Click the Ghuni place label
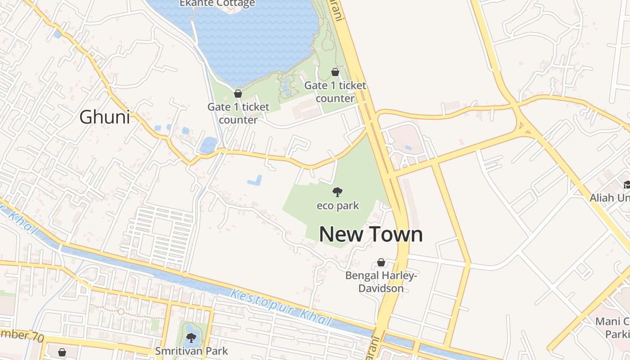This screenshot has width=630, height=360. [x=104, y=117]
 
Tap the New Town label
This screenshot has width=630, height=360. [x=371, y=234]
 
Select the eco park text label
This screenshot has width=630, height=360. [x=337, y=206]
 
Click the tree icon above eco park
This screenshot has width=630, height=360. [x=337, y=193]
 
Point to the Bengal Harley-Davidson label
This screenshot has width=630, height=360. [x=381, y=282]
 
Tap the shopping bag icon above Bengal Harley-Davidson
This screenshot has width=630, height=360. [x=381, y=262]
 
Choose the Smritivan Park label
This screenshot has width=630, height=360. [x=192, y=351]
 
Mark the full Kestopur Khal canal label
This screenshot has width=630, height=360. [x=281, y=308]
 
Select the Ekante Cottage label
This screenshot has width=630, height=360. [x=217, y=4]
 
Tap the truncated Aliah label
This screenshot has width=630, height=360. [x=610, y=198]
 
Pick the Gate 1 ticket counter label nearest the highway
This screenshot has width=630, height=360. [x=335, y=92]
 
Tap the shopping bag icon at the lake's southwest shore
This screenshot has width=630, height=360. [x=238, y=94]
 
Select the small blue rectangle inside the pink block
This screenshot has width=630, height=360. [x=408, y=148]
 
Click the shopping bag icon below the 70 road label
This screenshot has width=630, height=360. [x=62, y=352]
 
